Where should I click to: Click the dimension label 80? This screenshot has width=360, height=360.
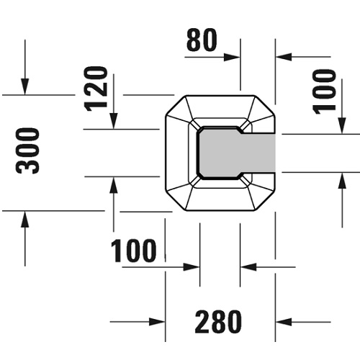202,40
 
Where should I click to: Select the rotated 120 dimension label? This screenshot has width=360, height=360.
96,89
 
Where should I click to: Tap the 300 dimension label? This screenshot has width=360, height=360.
27,150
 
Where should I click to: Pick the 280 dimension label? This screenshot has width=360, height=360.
218,322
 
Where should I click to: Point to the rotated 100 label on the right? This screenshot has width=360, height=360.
324,91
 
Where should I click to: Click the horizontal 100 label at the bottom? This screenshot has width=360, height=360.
133,251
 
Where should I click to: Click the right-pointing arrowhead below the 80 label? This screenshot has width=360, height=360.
232,58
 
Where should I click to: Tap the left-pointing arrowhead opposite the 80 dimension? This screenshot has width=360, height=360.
284,57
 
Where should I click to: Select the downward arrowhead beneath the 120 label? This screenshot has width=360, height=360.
114,121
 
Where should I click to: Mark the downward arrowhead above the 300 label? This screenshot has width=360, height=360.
25,86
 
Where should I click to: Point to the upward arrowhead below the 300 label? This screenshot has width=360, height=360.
25,219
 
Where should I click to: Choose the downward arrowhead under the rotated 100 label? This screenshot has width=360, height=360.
342,126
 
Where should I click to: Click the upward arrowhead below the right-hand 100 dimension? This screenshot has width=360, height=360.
342,181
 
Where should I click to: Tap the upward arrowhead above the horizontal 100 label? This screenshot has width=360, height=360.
114,185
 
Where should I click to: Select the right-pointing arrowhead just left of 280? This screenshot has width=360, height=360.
157,322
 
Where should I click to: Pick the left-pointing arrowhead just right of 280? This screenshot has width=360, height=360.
284,322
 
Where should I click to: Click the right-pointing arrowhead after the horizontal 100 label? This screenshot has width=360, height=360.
192,267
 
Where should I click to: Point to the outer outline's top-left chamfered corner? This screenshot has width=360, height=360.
176,105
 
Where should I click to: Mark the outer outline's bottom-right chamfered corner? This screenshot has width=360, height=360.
265,201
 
